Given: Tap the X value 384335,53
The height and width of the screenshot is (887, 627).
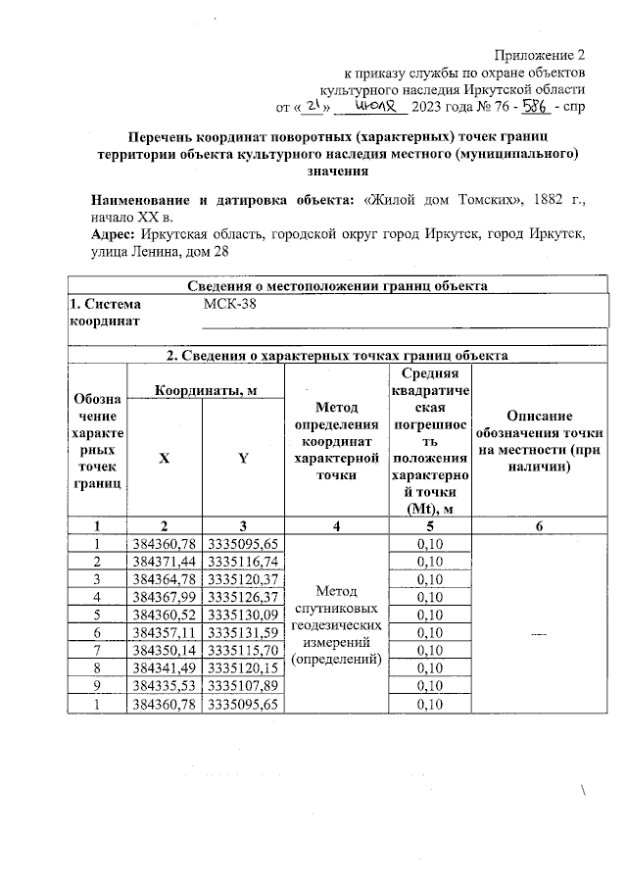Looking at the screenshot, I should [x=165, y=685].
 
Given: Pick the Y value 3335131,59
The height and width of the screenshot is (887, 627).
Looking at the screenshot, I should [x=243, y=631].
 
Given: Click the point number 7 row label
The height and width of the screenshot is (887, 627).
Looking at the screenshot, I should [x=97, y=649].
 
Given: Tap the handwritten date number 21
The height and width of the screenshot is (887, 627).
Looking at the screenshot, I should [x=312, y=105].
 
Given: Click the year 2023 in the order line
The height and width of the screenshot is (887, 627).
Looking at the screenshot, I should [x=430, y=107].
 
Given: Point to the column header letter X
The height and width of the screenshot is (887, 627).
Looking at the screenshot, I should [x=165, y=459].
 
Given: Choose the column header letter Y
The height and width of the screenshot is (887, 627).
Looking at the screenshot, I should [x=243, y=459].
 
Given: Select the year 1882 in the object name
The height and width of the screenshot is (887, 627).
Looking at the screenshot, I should [x=537, y=200].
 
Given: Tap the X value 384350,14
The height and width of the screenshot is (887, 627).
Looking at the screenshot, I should [x=165, y=649].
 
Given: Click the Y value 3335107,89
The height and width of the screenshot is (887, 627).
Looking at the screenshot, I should [x=243, y=685].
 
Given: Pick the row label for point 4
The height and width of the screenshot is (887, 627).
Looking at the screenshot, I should [x=97, y=596].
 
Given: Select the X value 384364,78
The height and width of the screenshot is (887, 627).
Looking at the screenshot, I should [x=165, y=578].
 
